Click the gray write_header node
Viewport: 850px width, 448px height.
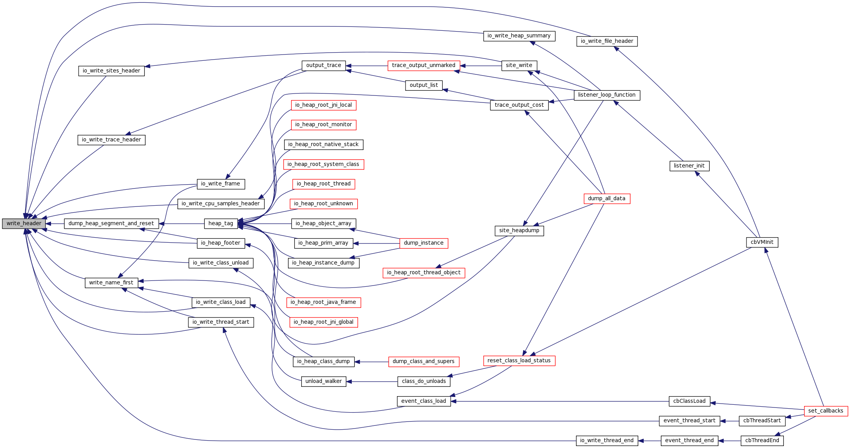pyautogui.click(x=24, y=224)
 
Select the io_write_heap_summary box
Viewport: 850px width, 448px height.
pyautogui.click(x=519, y=36)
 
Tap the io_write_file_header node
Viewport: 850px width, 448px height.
pyautogui.click(x=607, y=41)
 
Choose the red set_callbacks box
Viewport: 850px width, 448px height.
pyautogui.click(x=825, y=411)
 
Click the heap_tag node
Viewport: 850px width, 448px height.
pyautogui.click(x=221, y=224)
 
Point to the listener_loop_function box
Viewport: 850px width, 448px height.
pyautogui.click(x=607, y=95)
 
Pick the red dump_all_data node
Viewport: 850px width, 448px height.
pyautogui.click(x=606, y=199)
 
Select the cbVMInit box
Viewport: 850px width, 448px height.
pyautogui.click(x=762, y=242)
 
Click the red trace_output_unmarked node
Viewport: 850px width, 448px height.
pyautogui.click(x=423, y=65)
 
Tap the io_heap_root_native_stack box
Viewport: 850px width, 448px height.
pyautogui.click(x=323, y=145)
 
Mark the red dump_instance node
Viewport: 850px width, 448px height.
pyautogui.click(x=423, y=243)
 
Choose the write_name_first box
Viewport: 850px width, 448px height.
pyautogui.click(x=111, y=283)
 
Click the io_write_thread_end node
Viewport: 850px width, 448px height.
pyautogui.click(x=607, y=441)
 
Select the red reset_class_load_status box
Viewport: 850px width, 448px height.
pyautogui.click(x=519, y=361)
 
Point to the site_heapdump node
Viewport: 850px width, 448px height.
pyautogui.click(x=519, y=231)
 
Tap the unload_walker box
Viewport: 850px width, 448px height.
pyautogui.click(x=323, y=381)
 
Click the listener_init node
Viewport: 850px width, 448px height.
pyautogui.click(x=689, y=166)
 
